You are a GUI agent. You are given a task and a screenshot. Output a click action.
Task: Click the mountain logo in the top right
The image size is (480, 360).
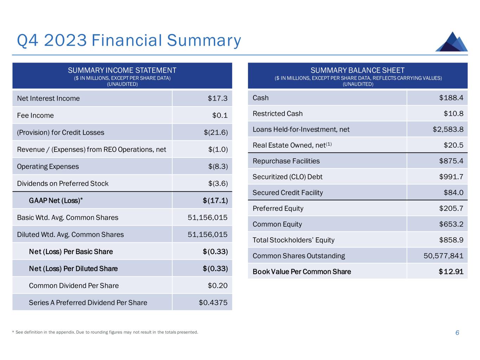tap(452, 42)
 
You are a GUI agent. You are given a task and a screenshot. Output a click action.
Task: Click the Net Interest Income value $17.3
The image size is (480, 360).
tap(218, 98)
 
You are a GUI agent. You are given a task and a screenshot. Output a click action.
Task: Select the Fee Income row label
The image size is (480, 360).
tap(36, 115)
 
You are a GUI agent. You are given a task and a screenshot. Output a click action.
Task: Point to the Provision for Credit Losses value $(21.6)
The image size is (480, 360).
tap(216, 133)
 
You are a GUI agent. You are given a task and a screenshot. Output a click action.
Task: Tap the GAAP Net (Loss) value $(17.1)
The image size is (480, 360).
tap(215, 201)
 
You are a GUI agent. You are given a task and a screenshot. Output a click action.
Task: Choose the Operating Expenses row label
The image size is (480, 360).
tap(48, 167)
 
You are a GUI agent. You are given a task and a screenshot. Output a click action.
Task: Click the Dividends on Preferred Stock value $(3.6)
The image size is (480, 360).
tap(218, 184)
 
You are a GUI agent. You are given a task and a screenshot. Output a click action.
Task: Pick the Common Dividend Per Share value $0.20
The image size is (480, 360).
tap(218, 286)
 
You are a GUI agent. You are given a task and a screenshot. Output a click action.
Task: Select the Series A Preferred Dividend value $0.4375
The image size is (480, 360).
tap(213, 303)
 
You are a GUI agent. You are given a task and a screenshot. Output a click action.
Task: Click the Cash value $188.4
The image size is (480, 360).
tap(451, 98)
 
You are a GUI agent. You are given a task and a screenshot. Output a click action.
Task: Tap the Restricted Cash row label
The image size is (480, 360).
tap(277, 114)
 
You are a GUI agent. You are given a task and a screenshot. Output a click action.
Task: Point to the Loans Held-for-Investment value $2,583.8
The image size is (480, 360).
tap(448, 129)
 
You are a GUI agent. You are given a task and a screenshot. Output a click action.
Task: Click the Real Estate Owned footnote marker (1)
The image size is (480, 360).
tap(329, 144)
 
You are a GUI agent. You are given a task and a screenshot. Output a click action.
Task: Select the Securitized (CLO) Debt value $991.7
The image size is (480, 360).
tap(451, 177)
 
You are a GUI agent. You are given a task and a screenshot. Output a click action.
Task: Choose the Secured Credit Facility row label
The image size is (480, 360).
tap(288, 193)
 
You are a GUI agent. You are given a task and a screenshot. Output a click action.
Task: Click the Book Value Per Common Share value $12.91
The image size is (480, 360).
tap(451, 272)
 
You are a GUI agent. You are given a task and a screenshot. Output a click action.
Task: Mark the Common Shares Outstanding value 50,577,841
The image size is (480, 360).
tap(443, 256)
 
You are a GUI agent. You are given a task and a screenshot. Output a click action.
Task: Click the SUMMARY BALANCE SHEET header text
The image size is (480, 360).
tap(358, 70)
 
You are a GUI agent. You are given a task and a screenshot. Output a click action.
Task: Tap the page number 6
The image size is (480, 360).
tap(457, 333)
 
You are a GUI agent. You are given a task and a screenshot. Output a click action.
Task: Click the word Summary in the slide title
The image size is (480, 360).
tap(204, 40)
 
